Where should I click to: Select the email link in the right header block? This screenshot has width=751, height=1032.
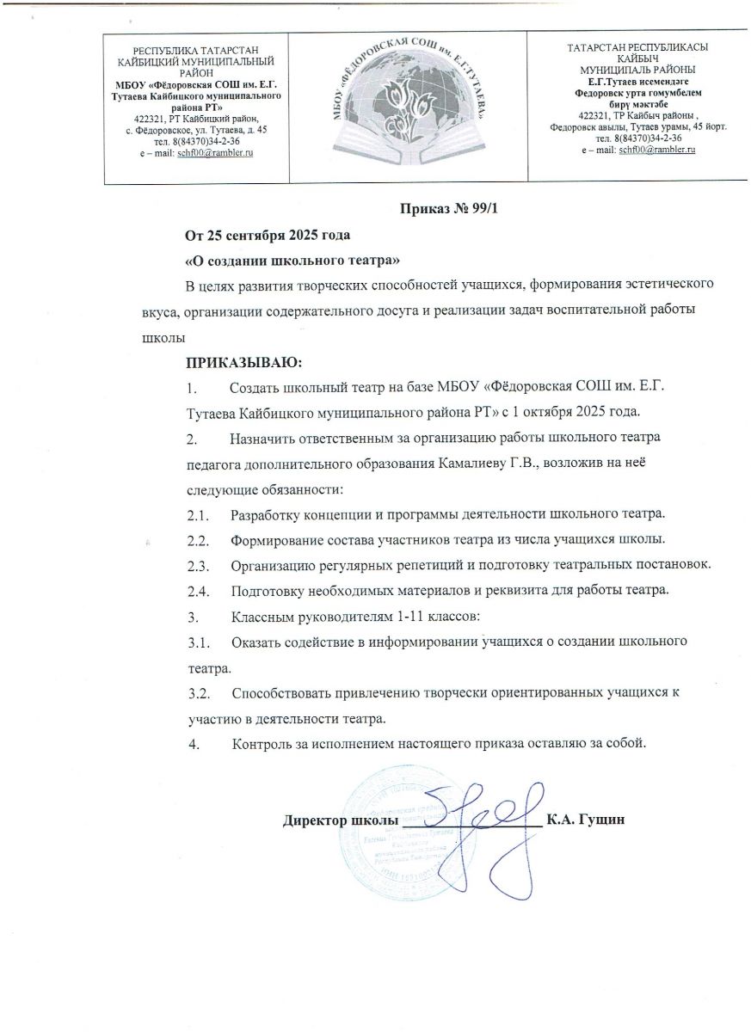[x=656, y=149]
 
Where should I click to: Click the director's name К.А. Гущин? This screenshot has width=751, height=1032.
[x=590, y=820]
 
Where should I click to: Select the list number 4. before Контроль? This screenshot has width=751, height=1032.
[x=194, y=742]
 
